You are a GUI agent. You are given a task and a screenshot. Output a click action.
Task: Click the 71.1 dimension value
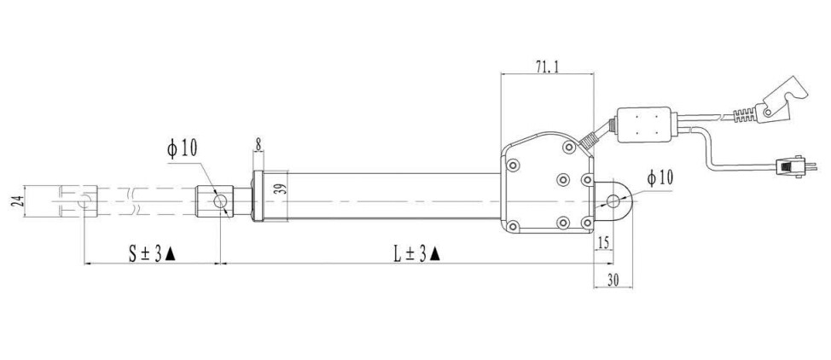(548, 67)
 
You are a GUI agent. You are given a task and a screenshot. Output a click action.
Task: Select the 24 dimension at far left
(18, 201)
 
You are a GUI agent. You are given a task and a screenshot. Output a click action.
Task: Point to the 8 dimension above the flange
(259, 143)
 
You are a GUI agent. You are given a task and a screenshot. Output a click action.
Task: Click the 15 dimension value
(603, 243)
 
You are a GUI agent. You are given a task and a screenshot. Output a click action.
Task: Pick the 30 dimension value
(613, 281)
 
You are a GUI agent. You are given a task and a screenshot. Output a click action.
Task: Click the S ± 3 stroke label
(145, 254)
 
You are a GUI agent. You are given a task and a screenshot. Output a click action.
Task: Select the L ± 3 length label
(410, 254)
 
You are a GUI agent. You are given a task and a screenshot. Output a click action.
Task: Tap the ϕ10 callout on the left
(182, 149)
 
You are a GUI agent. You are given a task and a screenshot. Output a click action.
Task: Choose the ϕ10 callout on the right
(660, 178)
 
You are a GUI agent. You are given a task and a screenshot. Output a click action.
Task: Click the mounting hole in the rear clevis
(613, 201)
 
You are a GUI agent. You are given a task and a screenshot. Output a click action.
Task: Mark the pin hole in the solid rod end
(220, 201)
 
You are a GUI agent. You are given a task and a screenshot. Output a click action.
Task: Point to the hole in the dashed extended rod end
(84, 201)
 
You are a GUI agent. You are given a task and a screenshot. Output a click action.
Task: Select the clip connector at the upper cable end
(779, 102)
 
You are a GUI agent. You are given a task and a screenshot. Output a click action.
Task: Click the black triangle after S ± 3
(170, 254)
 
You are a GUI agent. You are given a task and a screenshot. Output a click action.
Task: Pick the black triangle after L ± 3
(434, 254)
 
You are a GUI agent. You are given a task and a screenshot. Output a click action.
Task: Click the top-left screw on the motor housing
(513, 165)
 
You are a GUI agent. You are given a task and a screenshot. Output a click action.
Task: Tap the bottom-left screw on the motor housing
(513, 226)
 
